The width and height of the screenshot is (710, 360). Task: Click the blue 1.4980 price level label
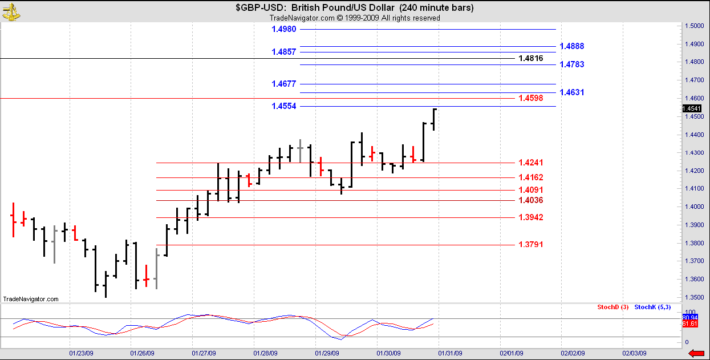(283, 29)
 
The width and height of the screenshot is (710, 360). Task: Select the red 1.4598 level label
(530, 99)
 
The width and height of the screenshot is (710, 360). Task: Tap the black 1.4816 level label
(530, 58)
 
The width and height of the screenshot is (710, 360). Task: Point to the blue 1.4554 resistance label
(283, 106)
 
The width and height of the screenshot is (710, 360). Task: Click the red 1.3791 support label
(530, 245)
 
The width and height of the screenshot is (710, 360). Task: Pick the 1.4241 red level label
(530, 163)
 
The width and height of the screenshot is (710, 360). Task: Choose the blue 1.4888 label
(571, 46)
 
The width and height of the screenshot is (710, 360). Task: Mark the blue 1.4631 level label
(571, 92)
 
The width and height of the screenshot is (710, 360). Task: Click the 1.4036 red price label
(530, 200)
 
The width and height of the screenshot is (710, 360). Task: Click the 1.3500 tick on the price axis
(694, 297)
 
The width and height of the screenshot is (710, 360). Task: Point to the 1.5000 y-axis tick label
(694, 26)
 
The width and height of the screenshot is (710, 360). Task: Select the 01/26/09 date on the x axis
(143, 353)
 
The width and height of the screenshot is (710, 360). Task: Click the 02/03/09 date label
(634, 353)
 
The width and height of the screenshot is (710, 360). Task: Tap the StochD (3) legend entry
(612, 308)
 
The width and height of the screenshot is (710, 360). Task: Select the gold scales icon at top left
(10, 11)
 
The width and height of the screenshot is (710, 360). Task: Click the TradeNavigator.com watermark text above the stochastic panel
(30, 299)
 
